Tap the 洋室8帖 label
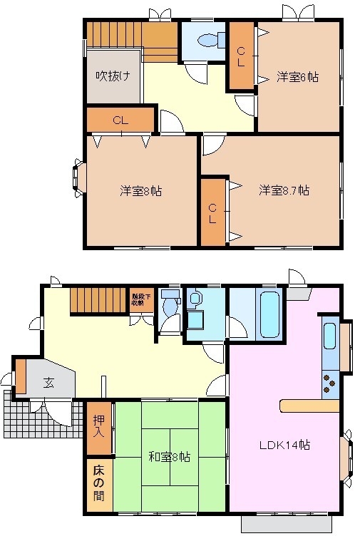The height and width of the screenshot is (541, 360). [x=140, y=191]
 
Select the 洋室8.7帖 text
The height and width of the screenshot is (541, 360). [x=284, y=190]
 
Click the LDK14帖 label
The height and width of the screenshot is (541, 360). [x=284, y=445]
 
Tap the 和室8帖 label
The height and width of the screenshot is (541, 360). [x=170, y=457]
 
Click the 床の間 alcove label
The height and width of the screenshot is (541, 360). [x=99, y=484]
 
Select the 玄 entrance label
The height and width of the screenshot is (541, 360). [x=48, y=383]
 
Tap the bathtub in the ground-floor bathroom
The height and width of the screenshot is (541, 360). [x=268, y=314]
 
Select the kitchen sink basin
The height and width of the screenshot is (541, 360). [x=330, y=336]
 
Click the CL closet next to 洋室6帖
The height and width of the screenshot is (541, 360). [x=242, y=56]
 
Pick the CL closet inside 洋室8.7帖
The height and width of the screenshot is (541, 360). [x=212, y=212]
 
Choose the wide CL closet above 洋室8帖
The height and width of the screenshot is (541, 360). [x=120, y=120]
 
